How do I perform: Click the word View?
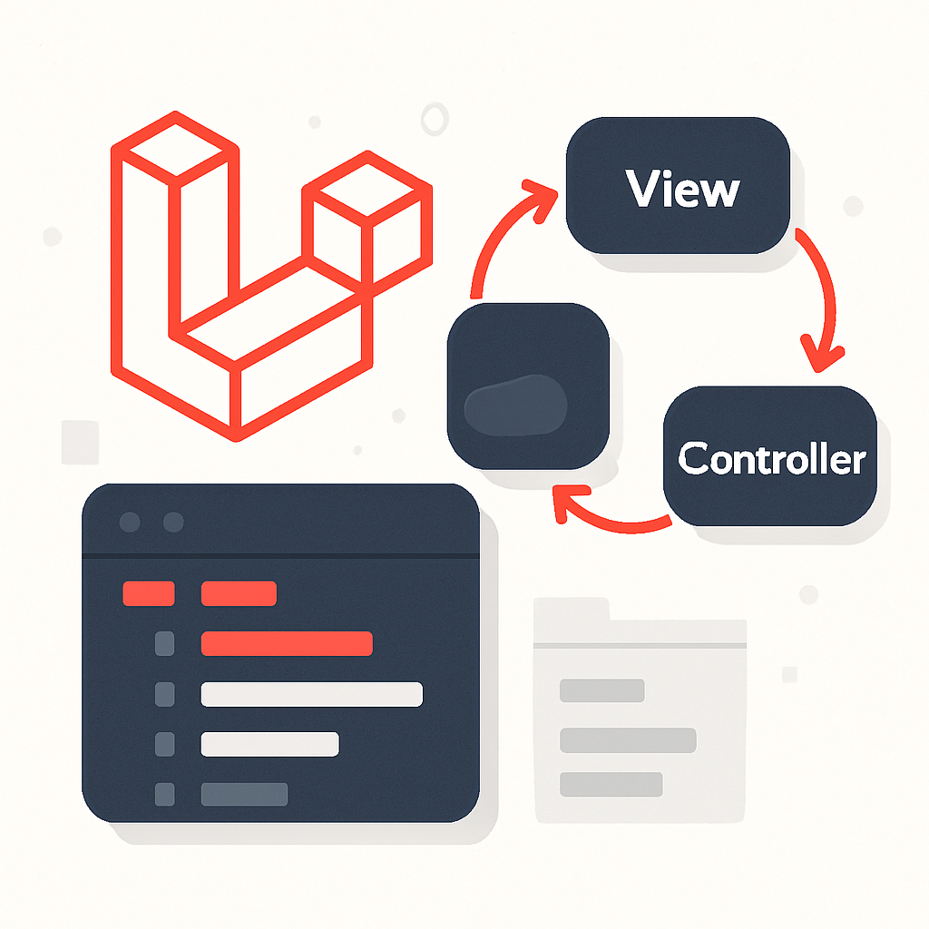pyautogui.click(x=682, y=190)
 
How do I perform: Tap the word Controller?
pyautogui.click(x=771, y=458)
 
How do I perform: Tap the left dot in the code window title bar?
pyautogui.click(x=131, y=523)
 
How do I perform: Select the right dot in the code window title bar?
pyautogui.click(x=172, y=523)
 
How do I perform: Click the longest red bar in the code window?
pyautogui.click(x=287, y=643)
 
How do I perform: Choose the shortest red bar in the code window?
pyautogui.click(x=148, y=593)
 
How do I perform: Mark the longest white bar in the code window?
pyautogui.click(x=311, y=694)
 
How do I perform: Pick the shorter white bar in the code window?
pyautogui.click(x=269, y=744)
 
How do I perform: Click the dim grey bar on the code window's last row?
pyautogui.click(x=244, y=794)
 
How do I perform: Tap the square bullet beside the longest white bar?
pyautogui.click(x=165, y=694)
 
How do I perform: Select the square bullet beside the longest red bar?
pyautogui.click(x=165, y=643)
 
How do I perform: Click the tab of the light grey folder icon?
pyautogui.click(x=572, y=609)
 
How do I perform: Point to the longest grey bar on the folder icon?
pyautogui.click(x=628, y=740)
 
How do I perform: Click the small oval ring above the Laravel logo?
pyautogui.click(x=435, y=119)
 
